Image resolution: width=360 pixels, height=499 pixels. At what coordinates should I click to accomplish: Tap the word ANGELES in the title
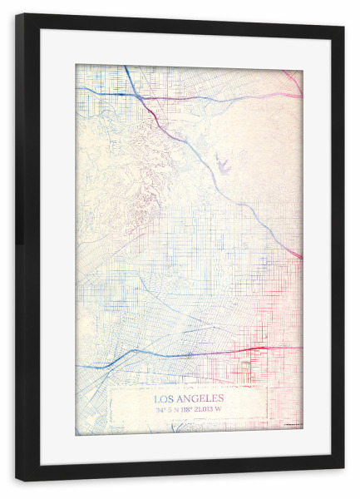(x=203, y=398)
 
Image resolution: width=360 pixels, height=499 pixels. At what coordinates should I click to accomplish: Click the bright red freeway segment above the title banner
(x=249, y=348)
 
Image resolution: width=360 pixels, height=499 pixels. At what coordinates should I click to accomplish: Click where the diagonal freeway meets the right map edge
(x=300, y=257)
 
